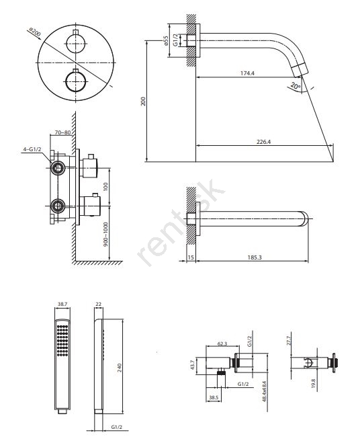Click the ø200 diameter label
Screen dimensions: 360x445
coord(35,32)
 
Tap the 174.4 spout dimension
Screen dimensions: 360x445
coord(247,73)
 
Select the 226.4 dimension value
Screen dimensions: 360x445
coord(263,141)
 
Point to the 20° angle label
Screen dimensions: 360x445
coord(296,85)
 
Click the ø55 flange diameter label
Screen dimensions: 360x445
coord(166,40)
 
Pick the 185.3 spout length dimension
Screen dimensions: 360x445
coord(255,257)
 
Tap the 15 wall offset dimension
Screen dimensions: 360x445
coord(191,257)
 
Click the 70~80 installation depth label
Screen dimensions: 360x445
coord(62,132)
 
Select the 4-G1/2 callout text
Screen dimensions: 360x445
coord(32,149)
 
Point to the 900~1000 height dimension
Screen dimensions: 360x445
coord(105,234)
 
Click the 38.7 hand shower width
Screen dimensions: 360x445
coord(62,304)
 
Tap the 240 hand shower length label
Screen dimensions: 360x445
coord(119,368)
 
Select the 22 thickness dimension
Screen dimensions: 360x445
coord(98,304)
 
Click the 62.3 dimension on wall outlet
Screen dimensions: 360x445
coord(222,343)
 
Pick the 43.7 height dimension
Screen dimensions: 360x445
coord(193,365)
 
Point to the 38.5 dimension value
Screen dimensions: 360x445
coord(214,397)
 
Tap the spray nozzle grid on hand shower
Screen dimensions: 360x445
coord(62,341)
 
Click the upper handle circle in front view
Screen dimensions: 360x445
coord(76,44)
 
